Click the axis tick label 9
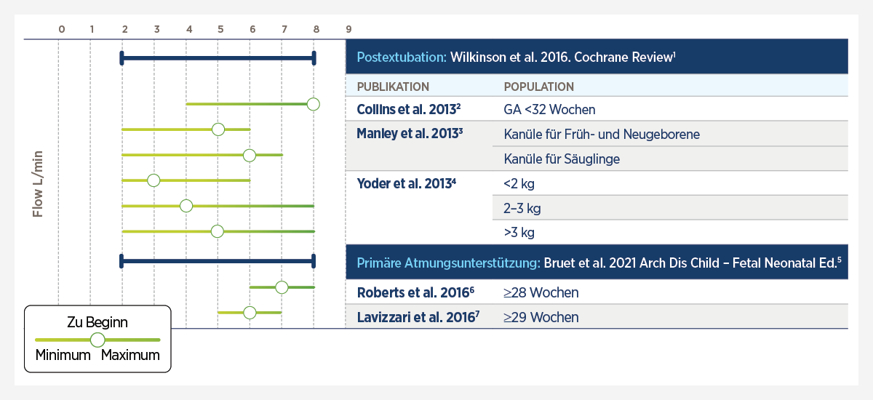click(348, 29)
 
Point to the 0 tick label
click(61, 29)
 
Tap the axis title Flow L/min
click(39, 184)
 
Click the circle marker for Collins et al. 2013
click(313, 104)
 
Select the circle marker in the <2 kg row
click(153, 180)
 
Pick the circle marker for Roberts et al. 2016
click(282, 287)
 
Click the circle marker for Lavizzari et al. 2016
click(250, 313)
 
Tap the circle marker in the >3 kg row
click(217, 231)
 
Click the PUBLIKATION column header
click(393, 87)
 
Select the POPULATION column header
click(539, 87)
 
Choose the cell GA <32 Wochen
click(549, 110)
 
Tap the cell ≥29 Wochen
click(541, 317)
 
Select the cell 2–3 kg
click(522, 209)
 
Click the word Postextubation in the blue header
click(401, 57)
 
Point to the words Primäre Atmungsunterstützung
click(447, 263)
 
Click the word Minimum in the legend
click(63, 356)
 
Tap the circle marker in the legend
click(97, 340)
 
